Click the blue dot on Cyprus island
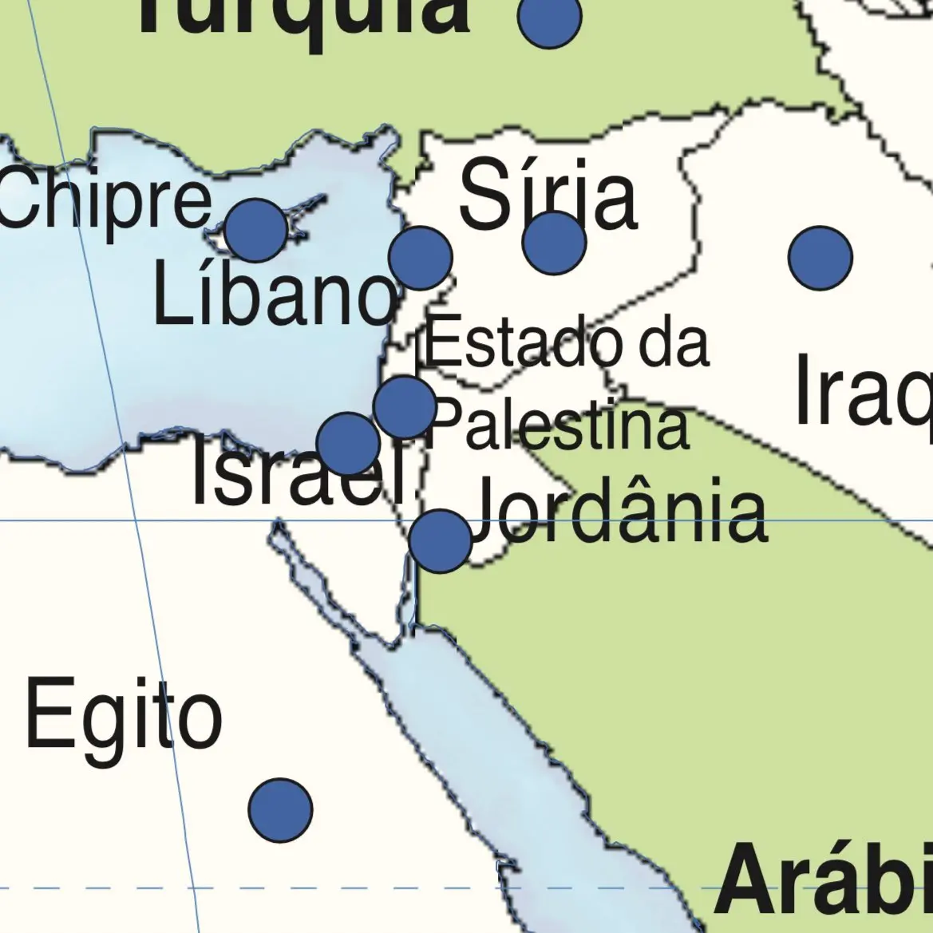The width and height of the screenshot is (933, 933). point(256,230)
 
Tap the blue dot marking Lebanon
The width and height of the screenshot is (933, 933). point(421,257)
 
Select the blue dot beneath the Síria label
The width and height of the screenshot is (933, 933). point(554,243)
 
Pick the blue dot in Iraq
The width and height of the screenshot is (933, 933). point(820,257)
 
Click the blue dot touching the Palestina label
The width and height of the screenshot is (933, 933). point(405,406)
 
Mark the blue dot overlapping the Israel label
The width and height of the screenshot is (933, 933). point(348,444)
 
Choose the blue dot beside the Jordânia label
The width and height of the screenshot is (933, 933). point(440,541)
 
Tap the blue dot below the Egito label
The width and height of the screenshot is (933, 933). point(280,810)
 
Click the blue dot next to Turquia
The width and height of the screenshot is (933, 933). point(550,18)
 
